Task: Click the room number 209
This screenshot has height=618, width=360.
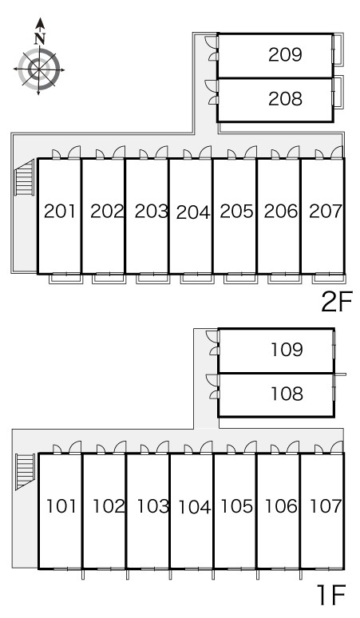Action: coord(285,55)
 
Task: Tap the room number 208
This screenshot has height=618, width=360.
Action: coord(285,98)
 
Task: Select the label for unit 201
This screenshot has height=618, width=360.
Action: coord(60,212)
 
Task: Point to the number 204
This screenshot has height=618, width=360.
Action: coord(193,213)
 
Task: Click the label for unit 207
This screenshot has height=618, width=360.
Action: coord(326,212)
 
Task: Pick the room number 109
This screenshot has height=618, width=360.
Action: coord(287,350)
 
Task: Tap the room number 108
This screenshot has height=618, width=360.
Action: coord(287,394)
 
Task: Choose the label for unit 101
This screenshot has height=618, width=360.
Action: coord(61,506)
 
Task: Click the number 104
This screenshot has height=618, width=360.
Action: coord(195,507)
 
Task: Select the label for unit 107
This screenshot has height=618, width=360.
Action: coord(326,506)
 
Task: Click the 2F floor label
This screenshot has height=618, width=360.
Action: coord(337,301)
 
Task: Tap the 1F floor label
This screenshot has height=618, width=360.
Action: coord(331,595)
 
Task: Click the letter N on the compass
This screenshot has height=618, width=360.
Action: coord(40,38)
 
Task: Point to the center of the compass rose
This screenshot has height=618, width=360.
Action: coord(39,69)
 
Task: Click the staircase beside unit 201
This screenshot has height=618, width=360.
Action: coord(25,176)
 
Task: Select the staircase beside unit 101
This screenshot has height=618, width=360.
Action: coord(25,471)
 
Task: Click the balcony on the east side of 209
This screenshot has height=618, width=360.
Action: coord(338,49)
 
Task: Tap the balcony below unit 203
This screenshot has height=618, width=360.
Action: coord(153,279)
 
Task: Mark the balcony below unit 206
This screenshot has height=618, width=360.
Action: coord(285,279)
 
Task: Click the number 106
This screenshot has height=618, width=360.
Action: coord(281,506)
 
